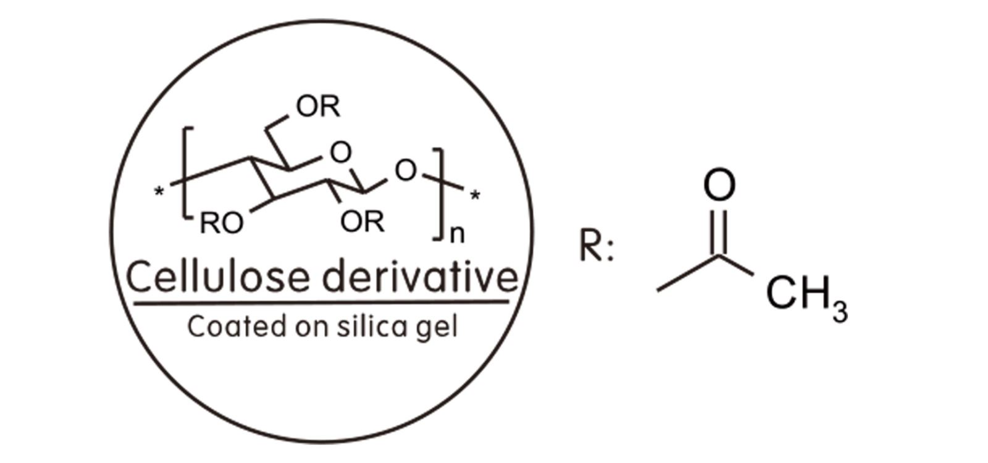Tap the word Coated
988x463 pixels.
point(237,327)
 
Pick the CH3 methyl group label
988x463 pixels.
point(806,296)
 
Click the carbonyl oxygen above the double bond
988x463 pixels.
point(719,185)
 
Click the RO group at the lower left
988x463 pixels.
point(222,223)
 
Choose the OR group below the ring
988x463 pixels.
point(362,222)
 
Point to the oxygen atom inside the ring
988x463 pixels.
point(340,152)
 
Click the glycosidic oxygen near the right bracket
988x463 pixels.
point(406,170)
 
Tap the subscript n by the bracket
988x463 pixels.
point(457,235)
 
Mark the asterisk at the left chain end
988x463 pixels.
point(159,192)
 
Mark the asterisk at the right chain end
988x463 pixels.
point(475,195)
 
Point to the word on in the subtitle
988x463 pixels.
point(312,328)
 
